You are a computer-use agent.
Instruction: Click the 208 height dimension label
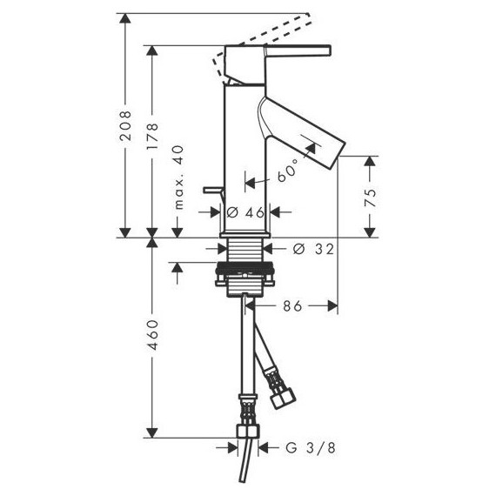(x=125, y=125)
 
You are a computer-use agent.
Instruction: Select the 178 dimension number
(x=151, y=137)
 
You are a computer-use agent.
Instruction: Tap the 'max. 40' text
(x=178, y=178)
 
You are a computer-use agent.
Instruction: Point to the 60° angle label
(x=288, y=171)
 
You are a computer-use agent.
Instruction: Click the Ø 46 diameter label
(x=245, y=212)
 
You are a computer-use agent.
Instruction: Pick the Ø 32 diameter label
(x=313, y=249)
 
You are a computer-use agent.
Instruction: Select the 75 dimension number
(x=370, y=198)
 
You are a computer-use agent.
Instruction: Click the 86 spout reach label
(x=292, y=306)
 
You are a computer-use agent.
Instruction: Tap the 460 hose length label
(x=152, y=335)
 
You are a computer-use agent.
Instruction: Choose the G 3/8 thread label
(x=311, y=448)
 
